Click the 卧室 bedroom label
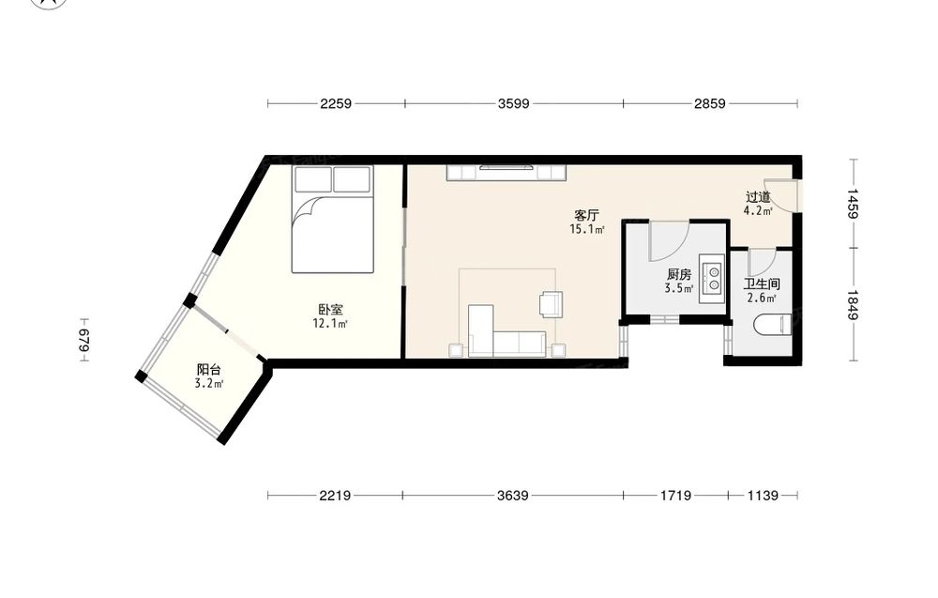330,310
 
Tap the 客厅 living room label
586,216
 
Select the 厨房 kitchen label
679,275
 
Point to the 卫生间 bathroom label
762,284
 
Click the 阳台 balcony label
209,371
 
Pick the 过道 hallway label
758,197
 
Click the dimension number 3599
513,103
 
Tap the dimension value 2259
336,103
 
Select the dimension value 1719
675,495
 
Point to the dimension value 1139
763,495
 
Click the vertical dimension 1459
853,204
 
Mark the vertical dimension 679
83,340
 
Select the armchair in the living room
551,303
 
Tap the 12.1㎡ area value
329,324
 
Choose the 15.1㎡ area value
586,229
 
